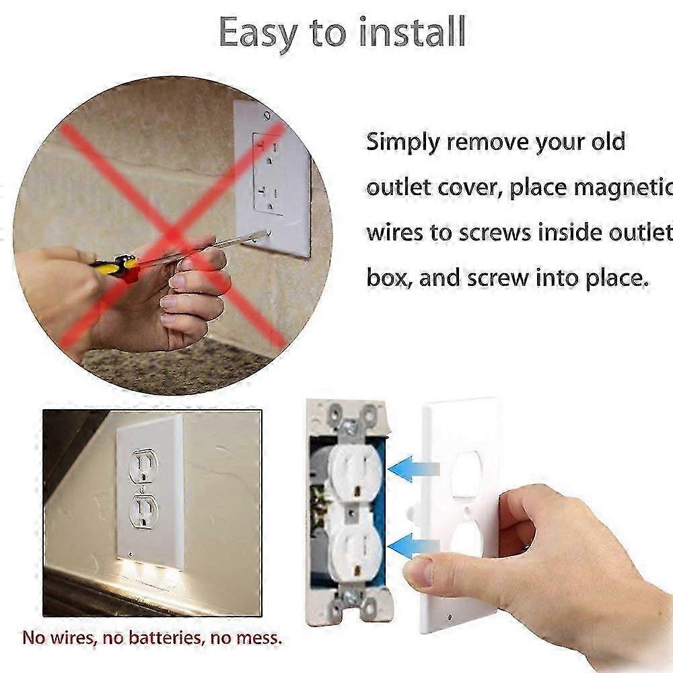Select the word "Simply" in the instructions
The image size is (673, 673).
pyautogui.click(x=403, y=143)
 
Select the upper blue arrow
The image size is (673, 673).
pyautogui.click(x=413, y=468)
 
